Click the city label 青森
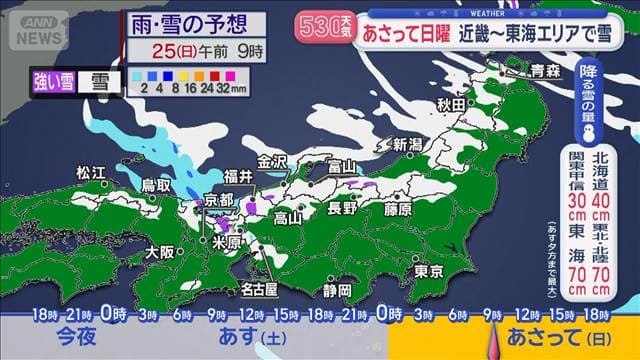point(545,70)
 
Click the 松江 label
point(90,173)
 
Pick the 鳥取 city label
point(155,185)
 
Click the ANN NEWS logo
point(39,29)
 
